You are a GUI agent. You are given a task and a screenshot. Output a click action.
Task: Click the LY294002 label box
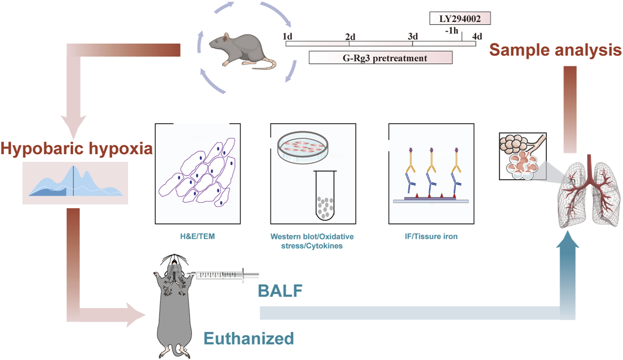point(460,19)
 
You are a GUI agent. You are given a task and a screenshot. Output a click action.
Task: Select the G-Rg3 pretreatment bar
point(380,58)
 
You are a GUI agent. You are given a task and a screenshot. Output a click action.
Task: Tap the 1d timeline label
point(287,36)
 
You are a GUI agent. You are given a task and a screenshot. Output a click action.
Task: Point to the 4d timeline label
point(477,36)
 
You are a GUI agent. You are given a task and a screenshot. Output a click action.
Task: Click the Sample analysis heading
point(555,50)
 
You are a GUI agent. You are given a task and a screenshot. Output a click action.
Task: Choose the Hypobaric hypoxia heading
point(77,149)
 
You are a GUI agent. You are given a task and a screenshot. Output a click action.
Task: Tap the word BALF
point(280,290)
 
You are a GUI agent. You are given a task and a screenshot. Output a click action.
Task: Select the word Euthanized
point(249,338)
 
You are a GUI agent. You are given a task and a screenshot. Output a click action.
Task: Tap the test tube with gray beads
point(326,196)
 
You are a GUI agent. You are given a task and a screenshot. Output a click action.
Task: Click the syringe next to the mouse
point(225,275)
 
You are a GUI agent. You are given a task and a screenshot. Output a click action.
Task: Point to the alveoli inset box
point(522,156)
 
